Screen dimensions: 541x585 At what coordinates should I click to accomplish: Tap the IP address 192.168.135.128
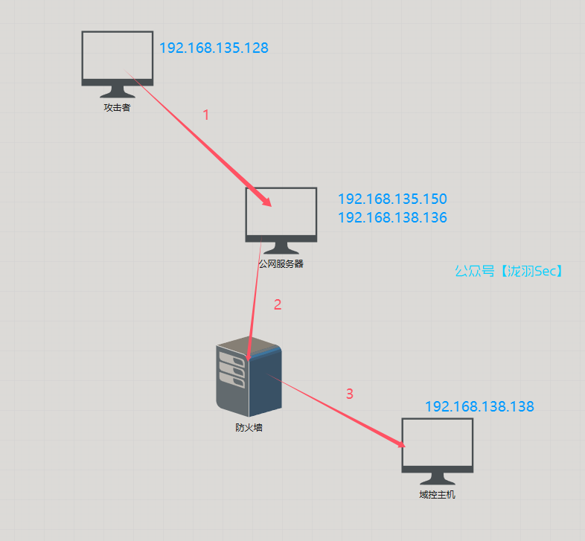pyautogui.click(x=214, y=48)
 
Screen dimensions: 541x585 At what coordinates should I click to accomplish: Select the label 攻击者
pyautogui.click(x=117, y=107)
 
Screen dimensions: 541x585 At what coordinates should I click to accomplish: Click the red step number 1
pyautogui.click(x=206, y=115)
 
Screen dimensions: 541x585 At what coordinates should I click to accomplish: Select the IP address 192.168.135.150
pyautogui.click(x=392, y=199)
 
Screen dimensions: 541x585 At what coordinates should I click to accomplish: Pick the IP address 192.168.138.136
pyautogui.click(x=392, y=218)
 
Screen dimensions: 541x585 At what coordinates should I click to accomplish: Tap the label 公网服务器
pyautogui.click(x=281, y=263)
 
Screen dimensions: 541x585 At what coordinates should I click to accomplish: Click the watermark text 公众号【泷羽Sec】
pyautogui.click(x=510, y=272)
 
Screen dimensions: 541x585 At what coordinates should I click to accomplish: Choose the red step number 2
pyautogui.click(x=278, y=304)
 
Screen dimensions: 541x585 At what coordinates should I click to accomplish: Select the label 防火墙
pyautogui.click(x=249, y=428)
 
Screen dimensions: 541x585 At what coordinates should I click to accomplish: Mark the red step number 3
pyautogui.click(x=350, y=394)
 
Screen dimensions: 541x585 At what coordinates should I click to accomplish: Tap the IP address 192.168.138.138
pyautogui.click(x=479, y=407)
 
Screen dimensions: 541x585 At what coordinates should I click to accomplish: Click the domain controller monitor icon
pyautogui.click(x=437, y=444)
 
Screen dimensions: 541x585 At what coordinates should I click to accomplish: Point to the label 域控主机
pyautogui.click(x=437, y=494)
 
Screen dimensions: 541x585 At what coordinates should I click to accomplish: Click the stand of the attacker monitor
pyautogui.click(x=117, y=92)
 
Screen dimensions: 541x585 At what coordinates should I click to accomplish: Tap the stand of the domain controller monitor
pyautogui.click(x=437, y=478)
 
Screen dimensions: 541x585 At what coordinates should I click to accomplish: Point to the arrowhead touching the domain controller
pyautogui.click(x=403, y=444)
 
